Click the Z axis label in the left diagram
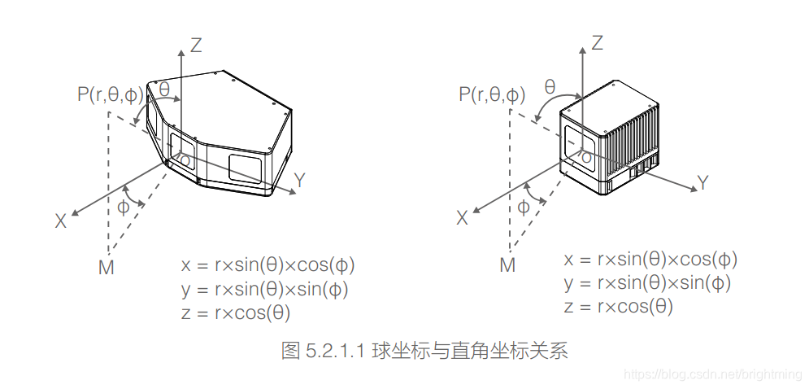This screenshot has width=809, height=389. point(195,46)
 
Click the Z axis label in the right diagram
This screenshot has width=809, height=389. point(598,43)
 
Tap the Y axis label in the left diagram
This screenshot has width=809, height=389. point(300,181)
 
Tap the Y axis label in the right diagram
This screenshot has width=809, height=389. point(703,183)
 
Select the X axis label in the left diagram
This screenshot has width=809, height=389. point(61,221)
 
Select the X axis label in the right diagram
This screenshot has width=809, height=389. point(463,217)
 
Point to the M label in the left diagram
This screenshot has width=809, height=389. point(106,267)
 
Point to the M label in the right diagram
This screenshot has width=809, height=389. point(507,265)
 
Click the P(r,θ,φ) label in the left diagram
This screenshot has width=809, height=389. point(111,94)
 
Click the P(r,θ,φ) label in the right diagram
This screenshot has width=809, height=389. point(492,94)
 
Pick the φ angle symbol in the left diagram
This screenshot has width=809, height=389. point(124,207)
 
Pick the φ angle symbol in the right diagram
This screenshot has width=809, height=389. point(524,207)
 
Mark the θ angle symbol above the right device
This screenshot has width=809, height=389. point(550,87)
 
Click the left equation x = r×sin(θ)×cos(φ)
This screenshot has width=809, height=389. point(268,265)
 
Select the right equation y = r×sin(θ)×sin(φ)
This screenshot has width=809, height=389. point(647,283)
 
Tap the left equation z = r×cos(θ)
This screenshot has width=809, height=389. point(236,313)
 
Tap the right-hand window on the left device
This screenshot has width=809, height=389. point(245,168)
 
